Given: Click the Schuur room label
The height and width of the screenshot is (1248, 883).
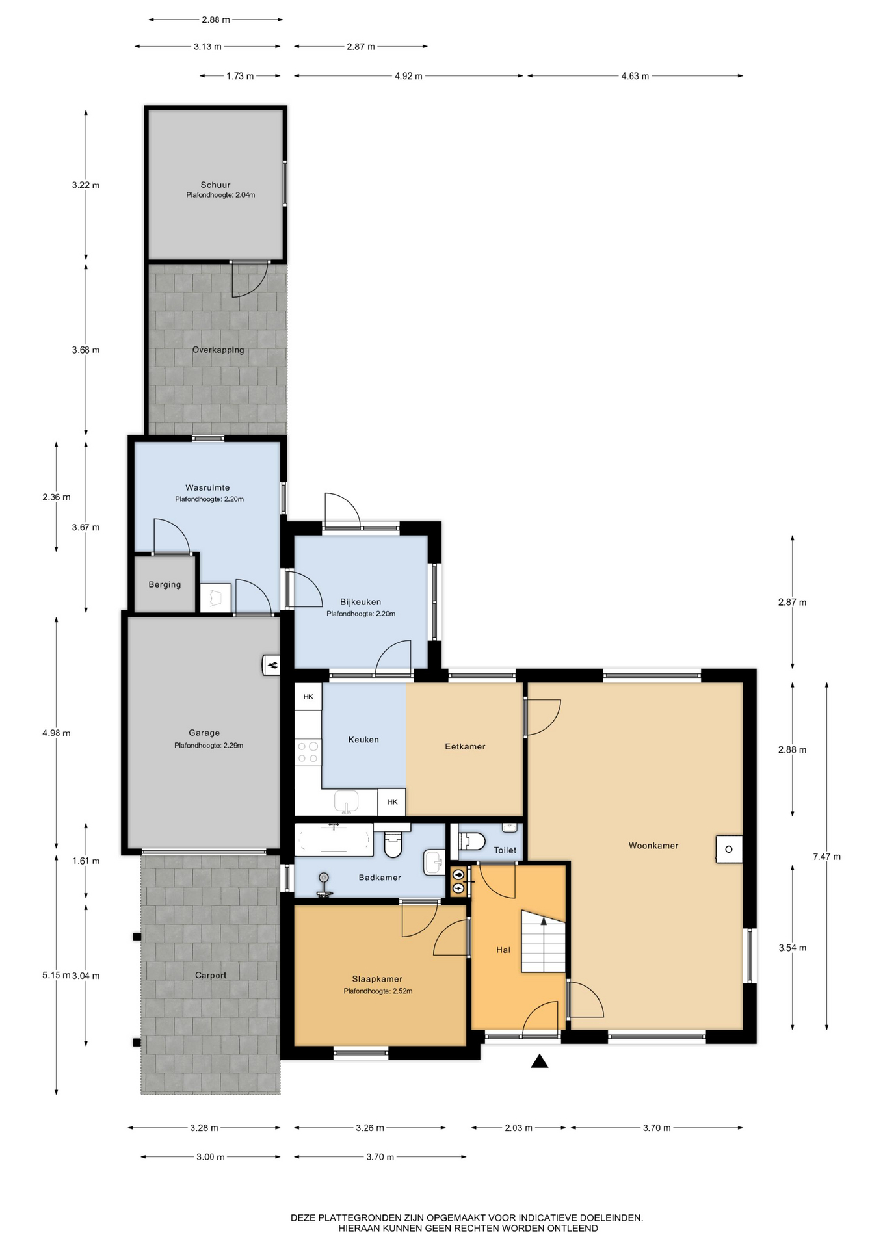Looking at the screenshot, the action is (215, 185).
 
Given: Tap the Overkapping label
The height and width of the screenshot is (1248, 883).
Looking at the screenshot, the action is (218, 350).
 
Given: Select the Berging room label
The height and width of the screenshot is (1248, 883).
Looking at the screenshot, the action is (165, 584).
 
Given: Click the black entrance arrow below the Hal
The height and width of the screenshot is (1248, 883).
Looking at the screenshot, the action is (539, 1061).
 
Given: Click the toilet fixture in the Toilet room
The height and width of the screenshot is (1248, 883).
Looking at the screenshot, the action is (472, 842).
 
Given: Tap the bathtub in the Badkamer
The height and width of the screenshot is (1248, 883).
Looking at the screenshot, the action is (334, 840).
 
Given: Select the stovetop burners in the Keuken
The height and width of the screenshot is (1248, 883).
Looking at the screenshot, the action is (308, 753).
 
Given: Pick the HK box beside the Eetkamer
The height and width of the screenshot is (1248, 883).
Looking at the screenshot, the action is (392, 802).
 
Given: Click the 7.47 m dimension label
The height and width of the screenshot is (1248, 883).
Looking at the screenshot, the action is (826, 857).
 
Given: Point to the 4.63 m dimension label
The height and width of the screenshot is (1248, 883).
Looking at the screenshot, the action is (635, 76).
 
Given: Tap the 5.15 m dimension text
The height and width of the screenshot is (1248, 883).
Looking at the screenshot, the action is (56, 975).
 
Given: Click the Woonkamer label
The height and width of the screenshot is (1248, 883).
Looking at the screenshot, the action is (653, 846).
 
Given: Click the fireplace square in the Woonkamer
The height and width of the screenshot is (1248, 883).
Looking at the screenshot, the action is (729, 849).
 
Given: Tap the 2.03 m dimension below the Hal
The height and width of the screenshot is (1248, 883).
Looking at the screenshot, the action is (518, 1128).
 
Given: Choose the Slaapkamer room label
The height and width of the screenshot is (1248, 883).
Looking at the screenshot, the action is (377, 979).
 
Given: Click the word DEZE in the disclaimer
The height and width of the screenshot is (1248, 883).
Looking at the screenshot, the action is (303, 1218).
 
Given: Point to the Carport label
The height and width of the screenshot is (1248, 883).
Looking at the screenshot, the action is (211, 975).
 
